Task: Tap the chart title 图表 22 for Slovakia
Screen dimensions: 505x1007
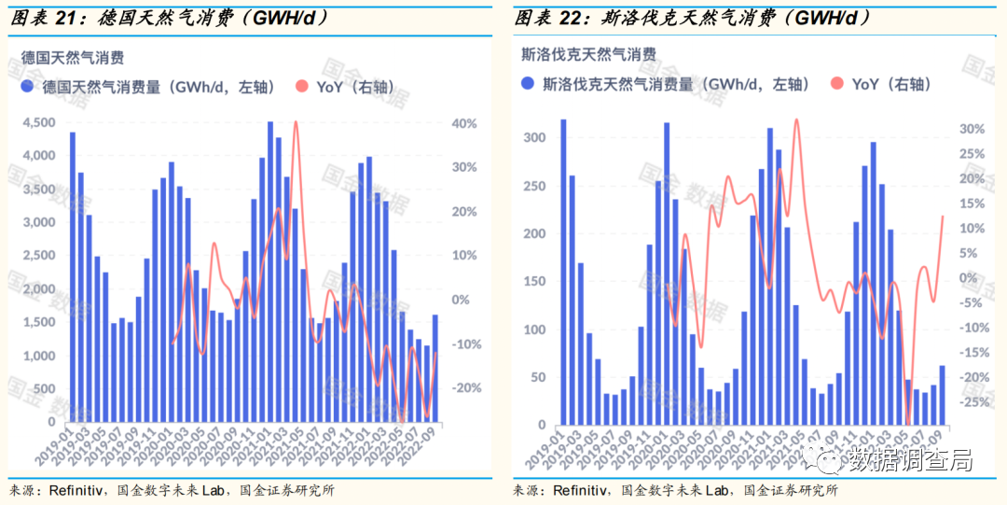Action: point(550,17)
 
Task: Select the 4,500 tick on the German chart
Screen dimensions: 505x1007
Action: point(41,123)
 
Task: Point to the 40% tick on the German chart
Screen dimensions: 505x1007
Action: point(463,123)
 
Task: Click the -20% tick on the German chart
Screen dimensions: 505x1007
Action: point(463,388)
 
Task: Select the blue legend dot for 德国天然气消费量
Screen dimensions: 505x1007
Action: point(28,87)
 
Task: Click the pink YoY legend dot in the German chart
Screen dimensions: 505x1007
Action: point(301,87)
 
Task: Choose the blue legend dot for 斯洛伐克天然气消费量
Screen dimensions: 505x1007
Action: point(528,84)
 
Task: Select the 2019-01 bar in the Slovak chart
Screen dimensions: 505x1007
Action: point(563,272)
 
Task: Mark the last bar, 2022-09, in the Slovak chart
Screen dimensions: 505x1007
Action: point(942,395)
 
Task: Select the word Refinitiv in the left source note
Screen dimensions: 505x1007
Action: point(76,490)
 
